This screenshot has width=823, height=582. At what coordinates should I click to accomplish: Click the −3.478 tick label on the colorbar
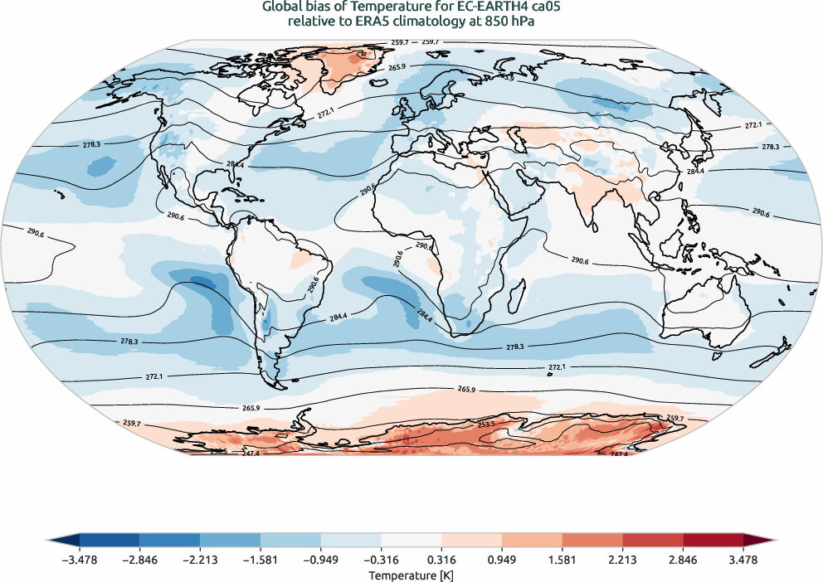pos(80,560)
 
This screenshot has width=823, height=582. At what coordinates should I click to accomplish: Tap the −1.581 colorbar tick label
pos(261,560)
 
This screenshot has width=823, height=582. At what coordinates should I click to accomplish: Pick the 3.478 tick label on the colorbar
pos(743,560)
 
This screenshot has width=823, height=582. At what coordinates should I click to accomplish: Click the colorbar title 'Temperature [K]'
pos(411,575)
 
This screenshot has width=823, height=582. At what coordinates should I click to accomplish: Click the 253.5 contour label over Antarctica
pos(487,424)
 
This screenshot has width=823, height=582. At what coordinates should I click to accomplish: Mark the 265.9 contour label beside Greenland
pos(397,67)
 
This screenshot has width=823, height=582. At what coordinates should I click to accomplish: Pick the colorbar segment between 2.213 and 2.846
pos(653,541)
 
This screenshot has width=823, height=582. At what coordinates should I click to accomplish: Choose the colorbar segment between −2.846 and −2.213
pos(170,541)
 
